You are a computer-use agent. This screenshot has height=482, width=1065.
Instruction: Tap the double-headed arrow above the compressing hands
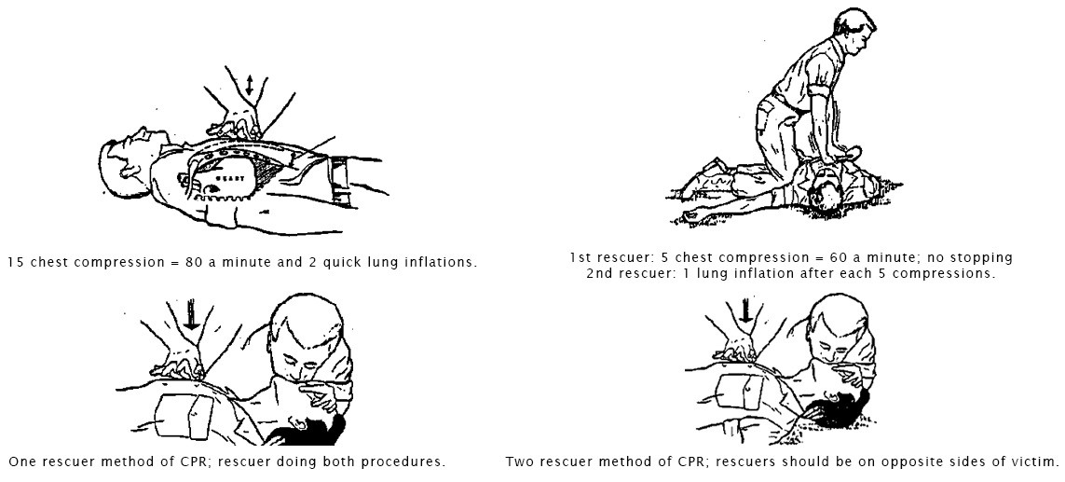(250, 85)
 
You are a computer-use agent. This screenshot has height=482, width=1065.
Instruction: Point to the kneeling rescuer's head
(853, 32)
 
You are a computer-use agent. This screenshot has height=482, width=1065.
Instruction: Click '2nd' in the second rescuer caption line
(598, 274)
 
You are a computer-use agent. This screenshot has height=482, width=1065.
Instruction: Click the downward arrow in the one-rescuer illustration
(192, 317)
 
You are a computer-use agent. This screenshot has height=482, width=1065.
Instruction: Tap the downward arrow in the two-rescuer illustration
(746, 310)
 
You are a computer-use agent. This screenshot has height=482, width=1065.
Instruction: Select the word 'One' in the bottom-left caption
(21, 461)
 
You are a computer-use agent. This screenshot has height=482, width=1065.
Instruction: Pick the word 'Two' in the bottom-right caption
(519, 461)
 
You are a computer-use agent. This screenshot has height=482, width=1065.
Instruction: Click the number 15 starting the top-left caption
(15, 262)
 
